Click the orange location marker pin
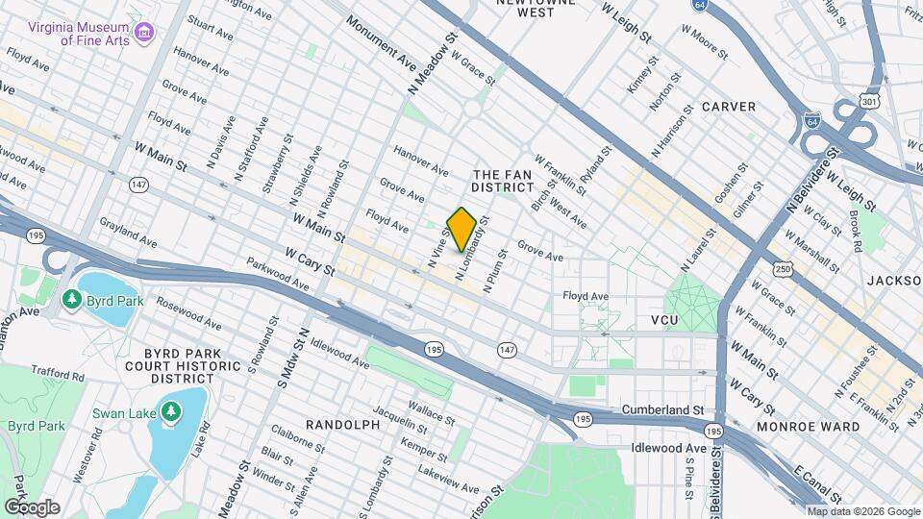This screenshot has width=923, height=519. [x=461, y=229]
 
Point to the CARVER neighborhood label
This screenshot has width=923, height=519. [x=728, y=106]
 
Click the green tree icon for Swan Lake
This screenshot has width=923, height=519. [x=171, y=412]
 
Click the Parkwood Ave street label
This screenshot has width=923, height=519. [x=277, y=274]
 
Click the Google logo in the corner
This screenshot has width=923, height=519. [x=32, y=507]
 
